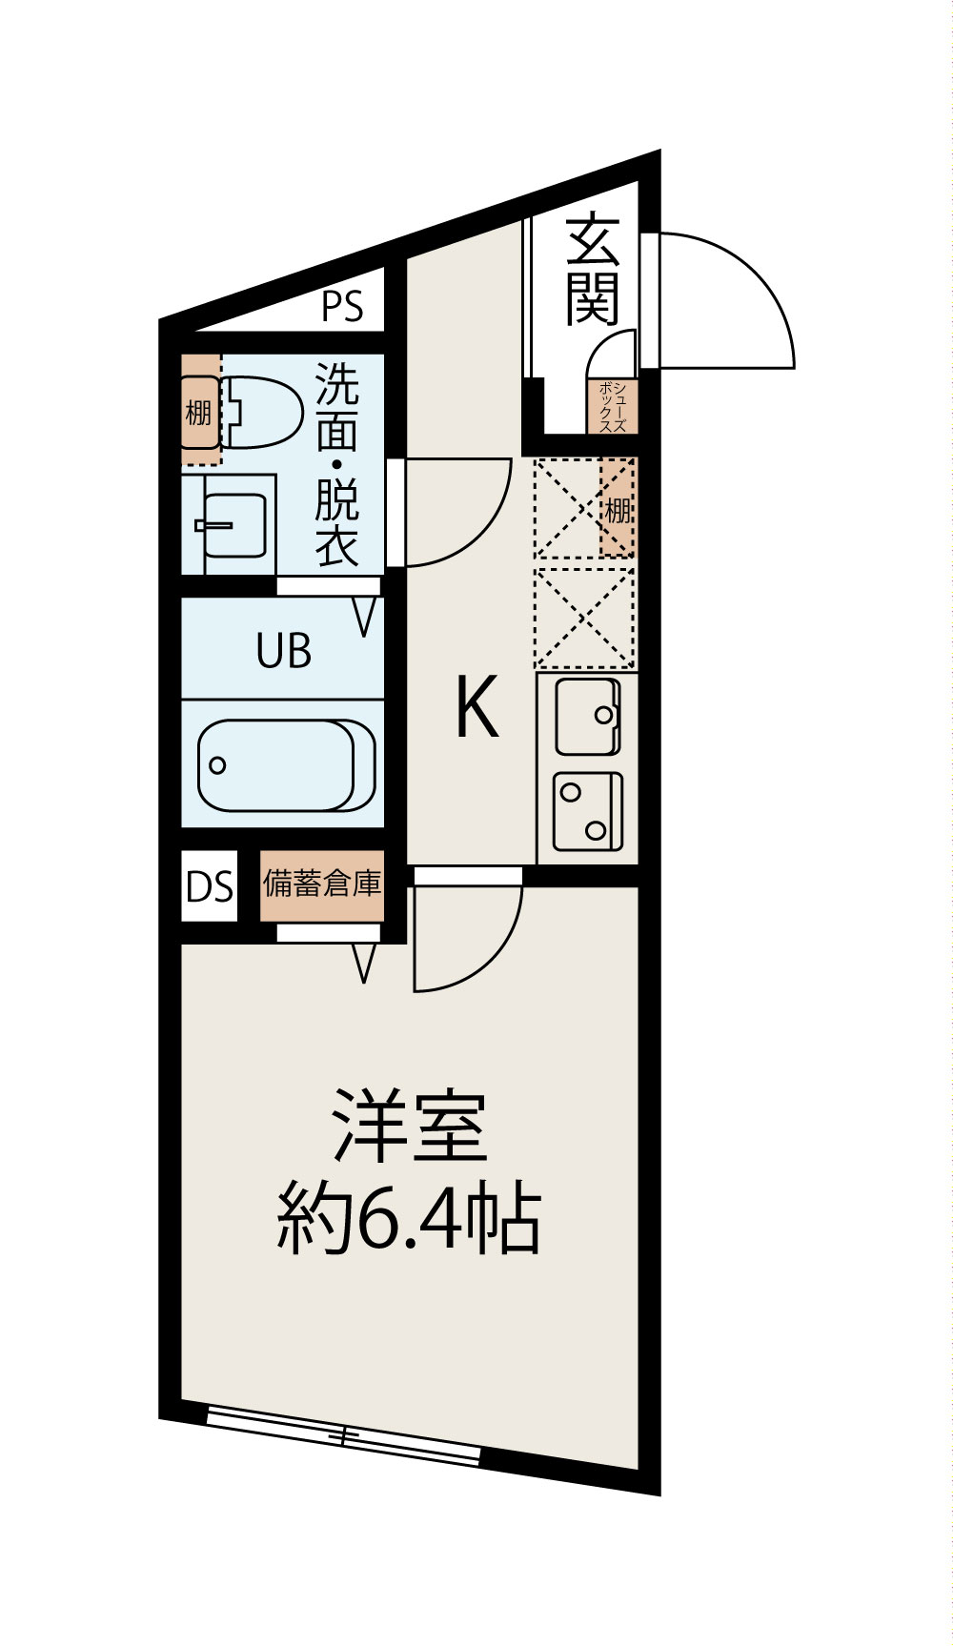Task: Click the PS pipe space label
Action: click(342, 307)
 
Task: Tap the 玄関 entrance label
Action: click(594, 272)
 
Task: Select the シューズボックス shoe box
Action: click(612, 407)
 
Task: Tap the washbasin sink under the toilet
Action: click(233, 524)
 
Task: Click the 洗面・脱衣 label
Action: click(336, 464)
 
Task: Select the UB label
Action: click(283, 652)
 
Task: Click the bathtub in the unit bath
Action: click(286, 765)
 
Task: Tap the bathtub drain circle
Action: click(218, 765)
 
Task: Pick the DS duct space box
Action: click(210, 887)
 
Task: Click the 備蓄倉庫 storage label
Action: click(322, 884)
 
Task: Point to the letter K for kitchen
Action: click(476, 707)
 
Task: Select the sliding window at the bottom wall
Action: click(343, 1434)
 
